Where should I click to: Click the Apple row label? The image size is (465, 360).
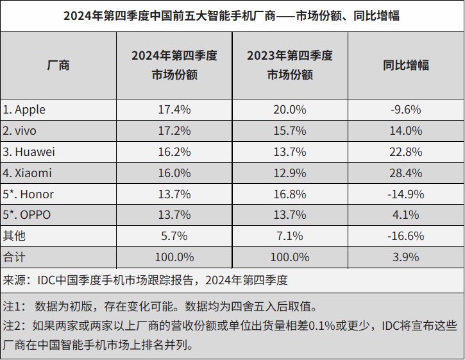(24, 110)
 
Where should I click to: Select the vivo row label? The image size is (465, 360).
(21, 131)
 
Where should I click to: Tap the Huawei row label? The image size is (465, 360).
(29, 152)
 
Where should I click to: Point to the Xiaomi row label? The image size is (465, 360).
(27, 173)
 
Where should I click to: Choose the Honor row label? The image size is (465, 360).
(28, 194)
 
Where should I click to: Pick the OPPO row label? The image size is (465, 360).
(28, 215)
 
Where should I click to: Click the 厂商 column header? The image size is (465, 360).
(58, 65)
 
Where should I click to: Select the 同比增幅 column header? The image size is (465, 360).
(405, 65)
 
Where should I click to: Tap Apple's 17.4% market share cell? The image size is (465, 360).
(174, 110)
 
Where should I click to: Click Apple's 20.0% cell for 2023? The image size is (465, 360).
(289, 110)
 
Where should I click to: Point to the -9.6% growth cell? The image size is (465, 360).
(405, 110)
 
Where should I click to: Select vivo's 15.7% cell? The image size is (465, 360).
(289, 131)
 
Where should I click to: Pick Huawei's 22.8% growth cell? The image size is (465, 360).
(405, 152)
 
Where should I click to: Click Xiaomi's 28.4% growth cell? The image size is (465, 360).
(405, 173)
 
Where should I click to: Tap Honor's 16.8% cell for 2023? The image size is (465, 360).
(289, 194)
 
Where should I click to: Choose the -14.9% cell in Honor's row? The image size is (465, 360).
(405, 194)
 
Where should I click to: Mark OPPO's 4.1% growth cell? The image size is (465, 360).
(405, 215)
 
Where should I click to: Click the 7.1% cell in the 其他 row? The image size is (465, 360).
(289, 236)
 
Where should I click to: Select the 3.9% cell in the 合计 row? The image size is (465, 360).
(405, 257)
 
